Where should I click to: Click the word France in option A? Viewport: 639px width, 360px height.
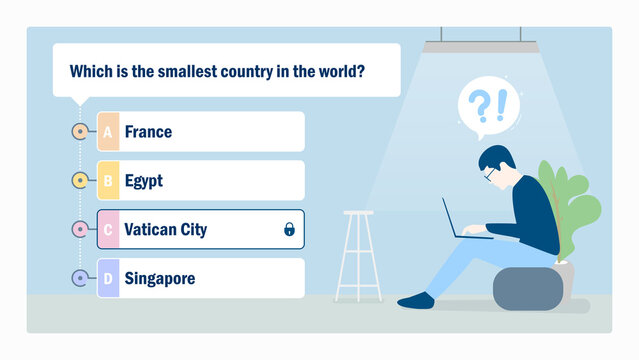tap(148, 132)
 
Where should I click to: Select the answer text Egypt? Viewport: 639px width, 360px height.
tap(144, 181)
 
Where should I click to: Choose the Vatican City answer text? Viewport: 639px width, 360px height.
tap(166, 230)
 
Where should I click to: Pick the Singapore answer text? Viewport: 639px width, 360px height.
tap(160, 278)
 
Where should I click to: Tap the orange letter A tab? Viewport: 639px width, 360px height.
tap(108, 132)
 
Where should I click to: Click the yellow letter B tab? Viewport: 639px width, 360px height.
tap(108, 181)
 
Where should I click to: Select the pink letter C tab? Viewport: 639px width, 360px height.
tap(108, 230)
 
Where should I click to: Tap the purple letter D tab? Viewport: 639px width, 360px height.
tap(108, 278)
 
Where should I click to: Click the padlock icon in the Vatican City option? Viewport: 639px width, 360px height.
tap(289, 230)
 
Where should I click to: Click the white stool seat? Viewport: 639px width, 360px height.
tap(358, 213)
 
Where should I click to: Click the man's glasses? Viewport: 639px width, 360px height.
tap(490, 174)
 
